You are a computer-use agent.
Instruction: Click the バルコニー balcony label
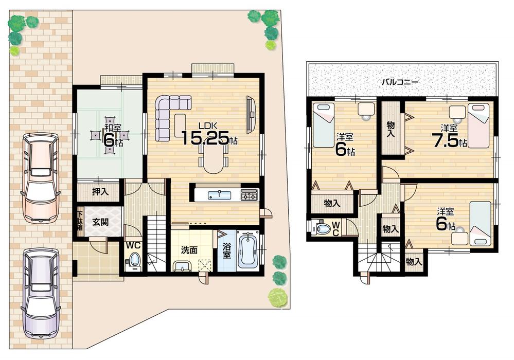point(399,82)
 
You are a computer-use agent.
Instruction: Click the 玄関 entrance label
point(100,222)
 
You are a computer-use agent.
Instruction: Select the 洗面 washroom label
point(189,250)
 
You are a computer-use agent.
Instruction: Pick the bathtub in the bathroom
point(249,250)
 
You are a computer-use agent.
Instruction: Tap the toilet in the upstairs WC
point(323,227)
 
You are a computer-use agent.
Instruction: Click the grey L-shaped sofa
point(169,114)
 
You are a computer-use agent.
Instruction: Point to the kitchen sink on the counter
point(220,194)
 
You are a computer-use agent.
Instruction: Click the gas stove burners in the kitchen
point(249,195)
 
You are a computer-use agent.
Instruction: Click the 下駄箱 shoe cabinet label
point(80,222)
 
